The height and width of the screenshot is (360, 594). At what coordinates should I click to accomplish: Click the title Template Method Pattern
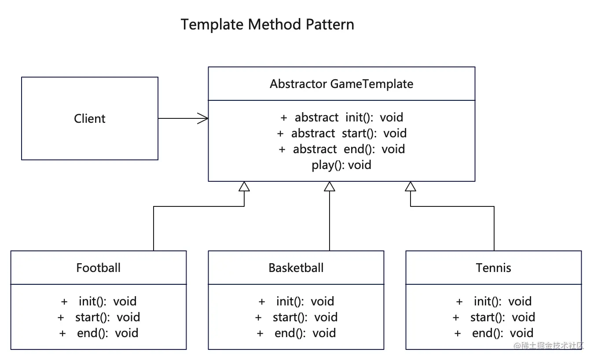tap(267, 24)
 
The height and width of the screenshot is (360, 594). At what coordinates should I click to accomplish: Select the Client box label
tap(90, 118)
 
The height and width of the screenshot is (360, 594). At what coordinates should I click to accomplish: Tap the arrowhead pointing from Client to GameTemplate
tap(203, 118)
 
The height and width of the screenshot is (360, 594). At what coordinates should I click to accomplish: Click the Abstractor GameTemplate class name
tap(341, 84)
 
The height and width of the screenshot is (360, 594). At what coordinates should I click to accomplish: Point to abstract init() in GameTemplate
tap(341, 118)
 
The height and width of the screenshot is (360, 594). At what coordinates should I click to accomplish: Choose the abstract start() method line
tap(341, 133)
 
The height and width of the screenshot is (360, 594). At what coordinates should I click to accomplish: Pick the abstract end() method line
tap(341, 149)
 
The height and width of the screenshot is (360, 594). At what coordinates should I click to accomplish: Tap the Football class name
tap(98, 268)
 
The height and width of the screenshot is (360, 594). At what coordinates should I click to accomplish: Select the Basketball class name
tap(296, 268)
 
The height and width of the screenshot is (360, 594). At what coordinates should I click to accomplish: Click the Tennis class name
tap(493, 268)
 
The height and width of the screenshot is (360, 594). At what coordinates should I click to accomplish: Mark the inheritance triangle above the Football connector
tap(244, 187)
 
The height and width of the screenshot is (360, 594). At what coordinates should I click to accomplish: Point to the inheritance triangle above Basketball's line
tap(330, 187)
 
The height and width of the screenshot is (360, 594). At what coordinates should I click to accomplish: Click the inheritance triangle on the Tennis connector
tap(411, 187)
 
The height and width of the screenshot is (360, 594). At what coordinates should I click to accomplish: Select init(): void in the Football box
tap(107, 301)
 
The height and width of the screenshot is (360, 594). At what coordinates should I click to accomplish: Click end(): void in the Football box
tap(107, 333)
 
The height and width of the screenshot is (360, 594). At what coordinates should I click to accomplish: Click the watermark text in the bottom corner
tap(549, 345)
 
